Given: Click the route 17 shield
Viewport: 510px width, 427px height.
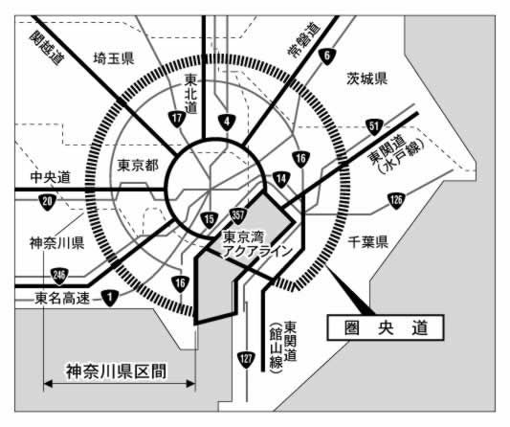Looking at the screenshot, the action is coord(177,119).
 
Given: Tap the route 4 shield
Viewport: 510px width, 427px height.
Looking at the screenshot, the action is coord(227,123).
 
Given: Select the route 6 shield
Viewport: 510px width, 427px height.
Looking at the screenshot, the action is coord(327,56).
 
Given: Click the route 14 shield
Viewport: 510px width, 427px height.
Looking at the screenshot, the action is coord(281,179).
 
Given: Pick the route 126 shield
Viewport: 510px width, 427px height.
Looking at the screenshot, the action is coord(396,200).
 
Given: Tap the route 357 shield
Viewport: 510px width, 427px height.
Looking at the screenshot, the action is coord(237,215).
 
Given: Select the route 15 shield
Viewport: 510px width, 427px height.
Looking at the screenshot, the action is coord(210,219).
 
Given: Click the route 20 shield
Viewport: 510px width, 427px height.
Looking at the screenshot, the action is coord(48,202).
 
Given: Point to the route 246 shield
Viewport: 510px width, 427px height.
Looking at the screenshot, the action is coord(59,276).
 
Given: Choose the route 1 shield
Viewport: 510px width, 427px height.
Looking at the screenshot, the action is coord(110,298).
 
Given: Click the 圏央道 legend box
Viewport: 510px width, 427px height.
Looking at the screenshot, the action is coord(386,327).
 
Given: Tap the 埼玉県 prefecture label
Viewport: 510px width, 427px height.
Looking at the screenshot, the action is coord(114,58).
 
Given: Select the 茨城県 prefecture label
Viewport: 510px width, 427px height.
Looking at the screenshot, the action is coord(366,79).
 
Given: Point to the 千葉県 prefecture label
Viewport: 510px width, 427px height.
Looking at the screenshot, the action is coord(368,242).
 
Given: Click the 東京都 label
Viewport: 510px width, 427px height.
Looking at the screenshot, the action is coord(138,166).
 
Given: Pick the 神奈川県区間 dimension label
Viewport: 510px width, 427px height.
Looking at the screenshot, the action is coord(116,371).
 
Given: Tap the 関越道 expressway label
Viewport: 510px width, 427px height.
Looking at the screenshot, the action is coord(47,48).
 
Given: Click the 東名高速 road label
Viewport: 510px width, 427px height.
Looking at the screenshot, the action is coord(62,298).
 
